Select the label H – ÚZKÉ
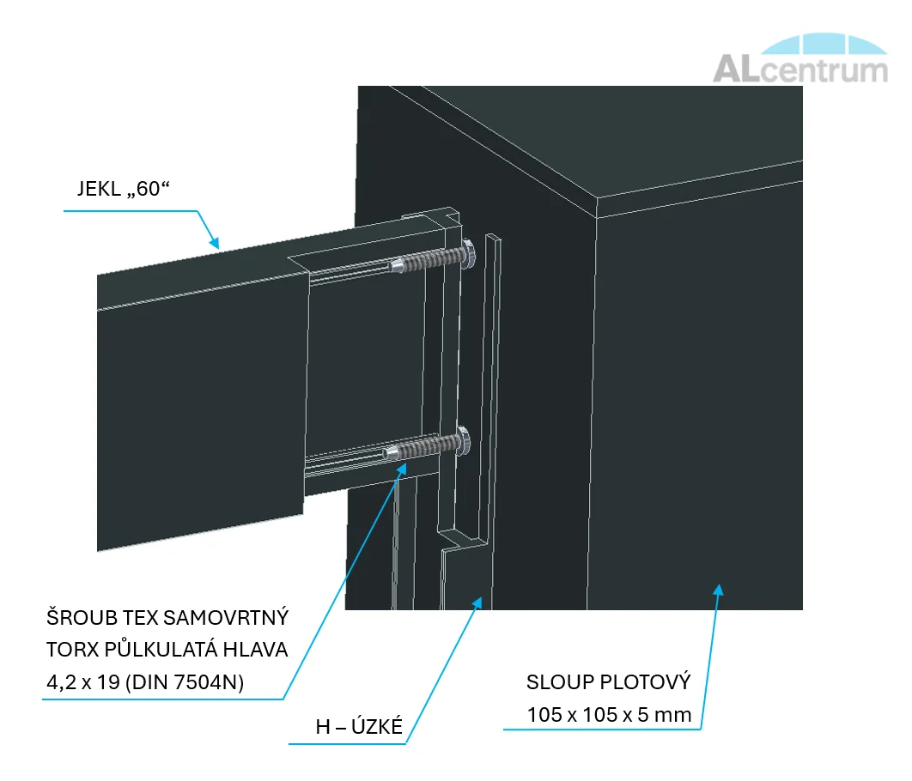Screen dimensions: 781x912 (359, 727)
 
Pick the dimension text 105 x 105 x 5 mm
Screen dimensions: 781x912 (609, 715)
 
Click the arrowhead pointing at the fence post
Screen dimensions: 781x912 (719, 588)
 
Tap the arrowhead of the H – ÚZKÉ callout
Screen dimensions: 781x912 (477, 603)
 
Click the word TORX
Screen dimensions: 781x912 (71, 651)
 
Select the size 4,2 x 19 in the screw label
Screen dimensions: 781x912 (84, 683)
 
